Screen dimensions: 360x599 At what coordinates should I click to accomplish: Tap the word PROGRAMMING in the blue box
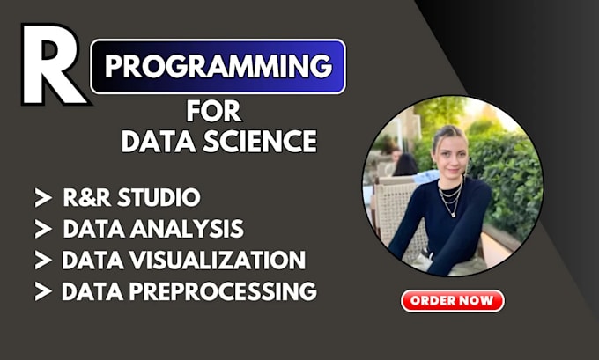[x=218, y=66]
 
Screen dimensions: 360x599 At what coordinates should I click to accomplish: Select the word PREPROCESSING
[x=224, y=290]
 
